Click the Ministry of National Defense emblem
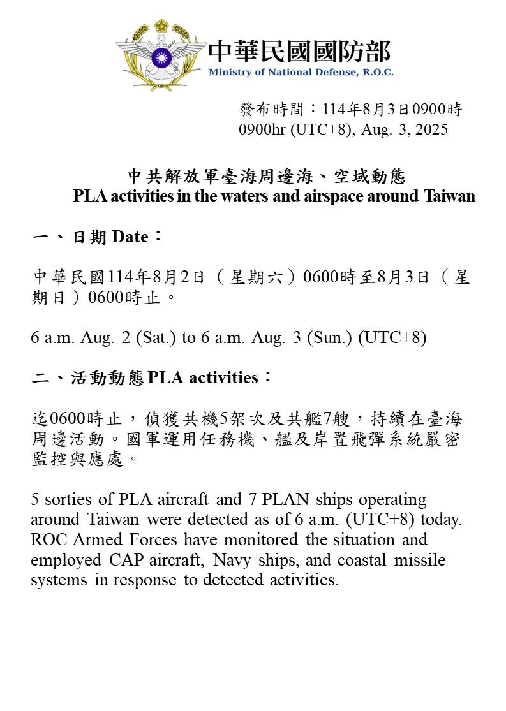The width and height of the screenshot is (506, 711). point(161,55)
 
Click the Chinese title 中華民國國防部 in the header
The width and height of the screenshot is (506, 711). point(299,51)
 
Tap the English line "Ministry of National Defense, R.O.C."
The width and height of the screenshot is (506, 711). point(301,72)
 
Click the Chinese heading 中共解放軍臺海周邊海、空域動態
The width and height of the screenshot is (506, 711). point(267,176)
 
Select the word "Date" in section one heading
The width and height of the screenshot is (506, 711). point(130,238)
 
